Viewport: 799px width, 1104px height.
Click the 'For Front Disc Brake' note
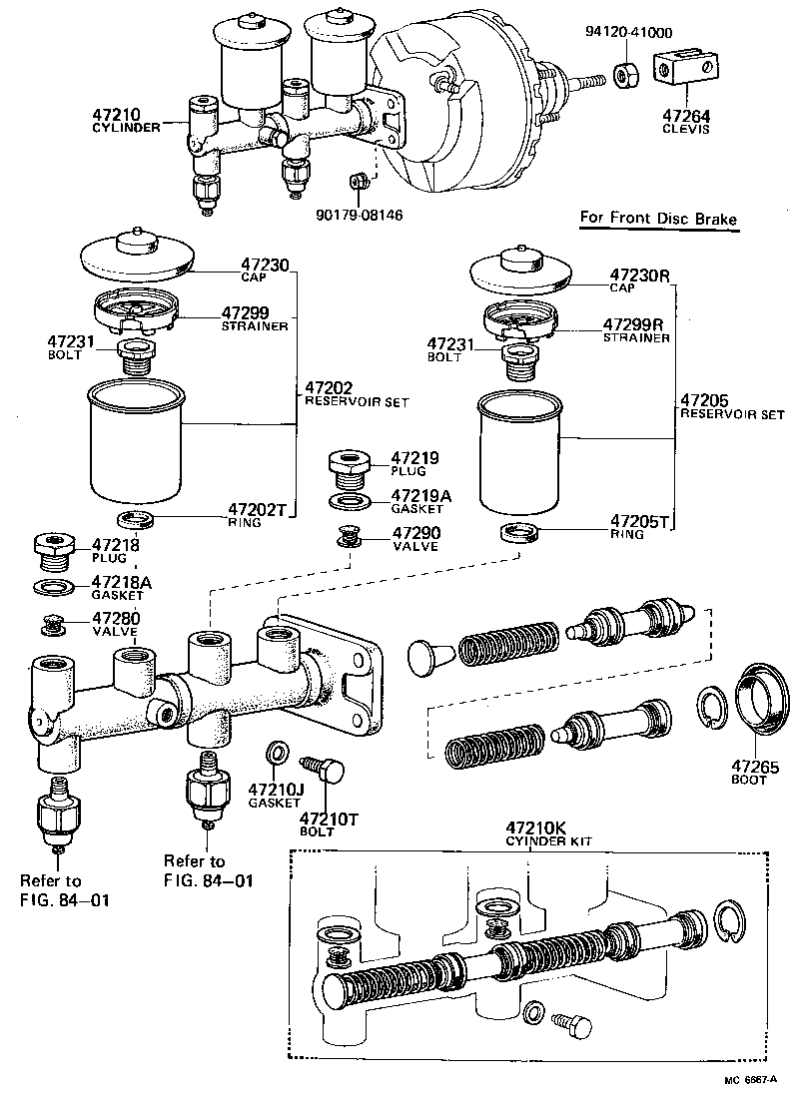(x=660, y=219)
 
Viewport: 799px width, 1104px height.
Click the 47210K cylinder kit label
(x=534, y=828)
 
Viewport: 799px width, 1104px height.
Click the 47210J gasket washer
(x=277, y=751)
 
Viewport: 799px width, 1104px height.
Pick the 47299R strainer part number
(x=635, y=324)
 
